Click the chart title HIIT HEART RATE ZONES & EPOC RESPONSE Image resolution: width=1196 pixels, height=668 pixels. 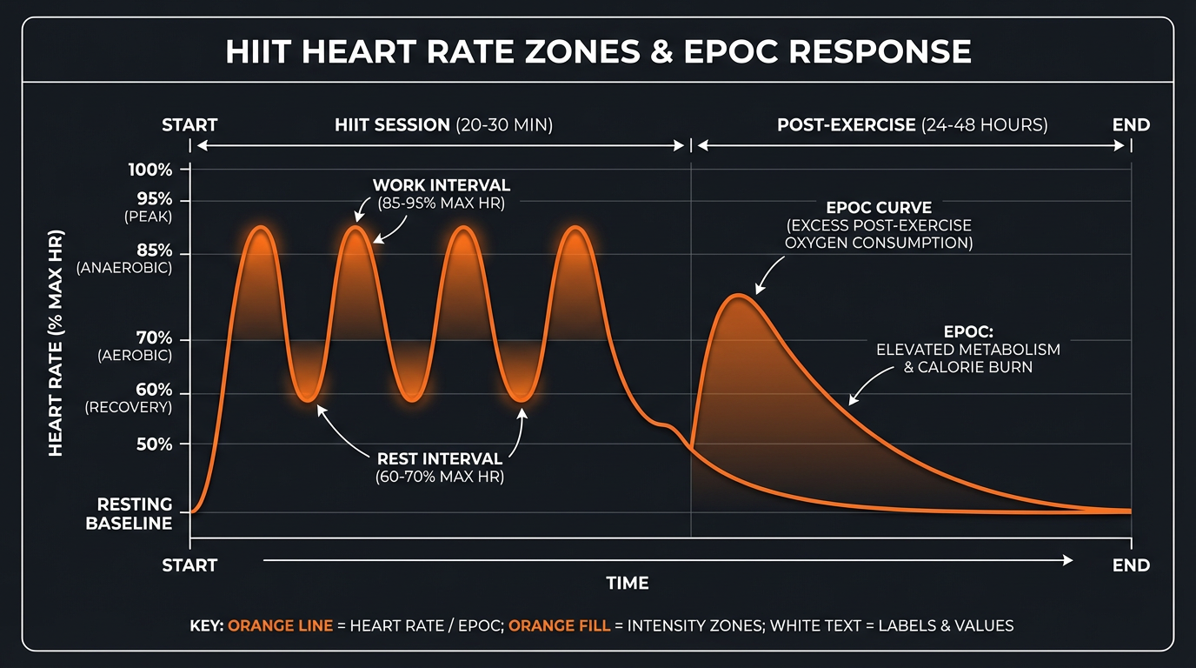[598, 51]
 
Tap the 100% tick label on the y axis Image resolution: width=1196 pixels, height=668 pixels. [150, 170]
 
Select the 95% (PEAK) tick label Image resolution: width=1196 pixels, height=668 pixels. [149, 208]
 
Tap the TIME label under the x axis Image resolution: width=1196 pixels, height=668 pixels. [628, 583]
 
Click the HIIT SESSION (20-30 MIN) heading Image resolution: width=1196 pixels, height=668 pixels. [443, 125]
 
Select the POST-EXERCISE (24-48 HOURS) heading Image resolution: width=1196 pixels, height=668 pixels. [912, 125]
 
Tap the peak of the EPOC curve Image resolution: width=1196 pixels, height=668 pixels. [738, 296]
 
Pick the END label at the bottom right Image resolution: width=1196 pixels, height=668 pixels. [1131, 565]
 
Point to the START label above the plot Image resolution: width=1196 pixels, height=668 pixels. [189, 125]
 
